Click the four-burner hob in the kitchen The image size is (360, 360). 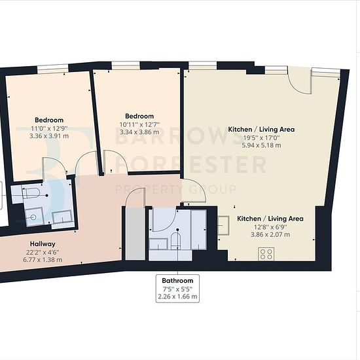coord(266,254)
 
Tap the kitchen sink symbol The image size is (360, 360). coord(223,225)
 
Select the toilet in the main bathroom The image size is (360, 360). coord(175,240)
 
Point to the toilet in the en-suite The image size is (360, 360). coord(30,193)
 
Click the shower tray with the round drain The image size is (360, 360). coord(34,217)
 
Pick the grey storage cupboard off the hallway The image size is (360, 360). coord(135,233)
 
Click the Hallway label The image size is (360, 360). coord(43,244)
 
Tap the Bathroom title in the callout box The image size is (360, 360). coord(177,281)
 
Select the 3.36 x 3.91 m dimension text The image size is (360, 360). coord(49,136)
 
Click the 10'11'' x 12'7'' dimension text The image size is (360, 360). coord(139,124)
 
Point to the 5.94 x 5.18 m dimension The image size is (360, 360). coord(261,145)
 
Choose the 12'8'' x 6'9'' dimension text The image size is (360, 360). coord(270,227)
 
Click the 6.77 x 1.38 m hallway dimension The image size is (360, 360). coord(43,260)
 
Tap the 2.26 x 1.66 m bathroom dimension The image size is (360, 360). coord(177,297)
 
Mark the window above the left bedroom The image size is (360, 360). coord(53,69)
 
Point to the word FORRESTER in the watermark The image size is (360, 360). coord(190,164)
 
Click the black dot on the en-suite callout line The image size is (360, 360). coord(47,196)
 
